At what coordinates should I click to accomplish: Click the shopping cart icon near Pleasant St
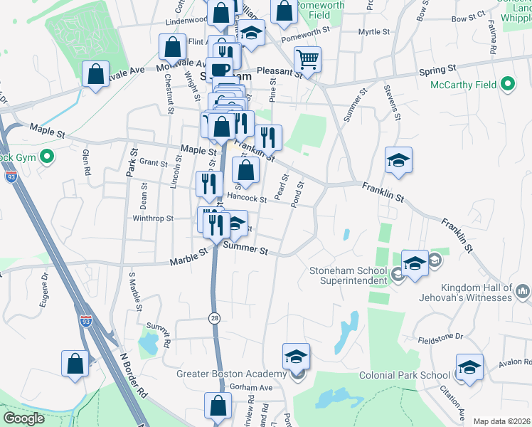pyautogui.click(x=307, y=60)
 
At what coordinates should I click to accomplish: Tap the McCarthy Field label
pyautogui.click(x=463, y=85)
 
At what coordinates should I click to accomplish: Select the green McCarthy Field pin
pyautogui.click(x=507, y=85)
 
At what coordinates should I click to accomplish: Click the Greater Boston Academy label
pyautogui.click(x=231, y=374)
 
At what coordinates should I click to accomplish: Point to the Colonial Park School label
pyautogui.click(x=405, y=375)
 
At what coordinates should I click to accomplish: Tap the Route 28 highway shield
pyautogui.click(x=213, y=318)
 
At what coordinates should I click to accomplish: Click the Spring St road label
pyautogui.click(x=437, y=70)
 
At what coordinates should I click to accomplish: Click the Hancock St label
pyautogui.click(x=247, y=199)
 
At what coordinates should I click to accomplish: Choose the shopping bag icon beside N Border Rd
pyautogui.click(x=75, y=363)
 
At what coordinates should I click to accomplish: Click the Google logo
pyautogui.click(x=24, y=418)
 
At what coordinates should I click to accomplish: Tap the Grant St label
pyautogui.click(x=153, y=162)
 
